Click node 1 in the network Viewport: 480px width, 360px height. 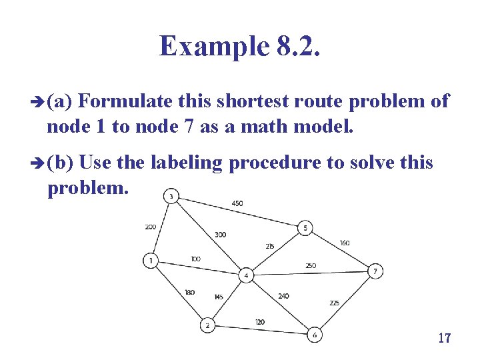152,261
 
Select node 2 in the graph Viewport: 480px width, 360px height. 208,325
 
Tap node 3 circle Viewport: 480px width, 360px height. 171,196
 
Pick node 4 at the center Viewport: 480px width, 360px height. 246,275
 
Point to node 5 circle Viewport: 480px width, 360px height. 305,228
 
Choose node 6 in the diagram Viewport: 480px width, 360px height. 315,335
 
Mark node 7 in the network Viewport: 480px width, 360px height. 375,271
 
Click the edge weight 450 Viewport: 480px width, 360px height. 237,203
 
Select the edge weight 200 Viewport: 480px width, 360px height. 151,227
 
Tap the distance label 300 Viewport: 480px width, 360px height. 220,235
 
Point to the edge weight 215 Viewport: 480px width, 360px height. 269,246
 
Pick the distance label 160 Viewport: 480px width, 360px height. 344,243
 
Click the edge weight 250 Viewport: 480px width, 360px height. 311,266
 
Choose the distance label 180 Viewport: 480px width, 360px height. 189,292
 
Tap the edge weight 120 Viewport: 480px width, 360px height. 259,322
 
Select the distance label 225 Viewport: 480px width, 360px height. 334,303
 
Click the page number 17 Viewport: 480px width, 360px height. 445,338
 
